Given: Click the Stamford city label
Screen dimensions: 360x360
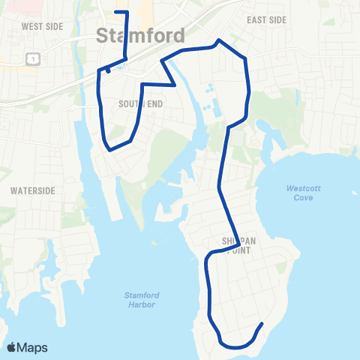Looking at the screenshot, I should pos(141,35).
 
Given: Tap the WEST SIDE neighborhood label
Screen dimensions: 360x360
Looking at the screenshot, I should pos(42,26).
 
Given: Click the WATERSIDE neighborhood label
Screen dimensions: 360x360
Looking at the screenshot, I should pos(33,190).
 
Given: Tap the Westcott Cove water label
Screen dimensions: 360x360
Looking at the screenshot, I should pos(303,193).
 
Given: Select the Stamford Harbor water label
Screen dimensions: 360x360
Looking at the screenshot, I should pos(139,299).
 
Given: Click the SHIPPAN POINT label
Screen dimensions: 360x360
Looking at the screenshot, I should pos(235,247).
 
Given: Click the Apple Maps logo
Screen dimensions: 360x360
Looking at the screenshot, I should pos(28,347).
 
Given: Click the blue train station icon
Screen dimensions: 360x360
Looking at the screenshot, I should pos(109,70).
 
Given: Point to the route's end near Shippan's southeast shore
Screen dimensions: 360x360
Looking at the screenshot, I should pos(262,324).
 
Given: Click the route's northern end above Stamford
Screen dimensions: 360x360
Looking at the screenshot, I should pos(114,12).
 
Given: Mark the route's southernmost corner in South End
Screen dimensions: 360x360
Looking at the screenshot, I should pos(110,150).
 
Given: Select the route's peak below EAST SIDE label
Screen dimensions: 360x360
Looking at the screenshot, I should pos(218,40).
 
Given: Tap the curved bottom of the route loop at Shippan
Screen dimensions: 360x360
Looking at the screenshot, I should pos(237,347).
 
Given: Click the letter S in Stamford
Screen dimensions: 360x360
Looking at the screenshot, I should pos(103,35).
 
